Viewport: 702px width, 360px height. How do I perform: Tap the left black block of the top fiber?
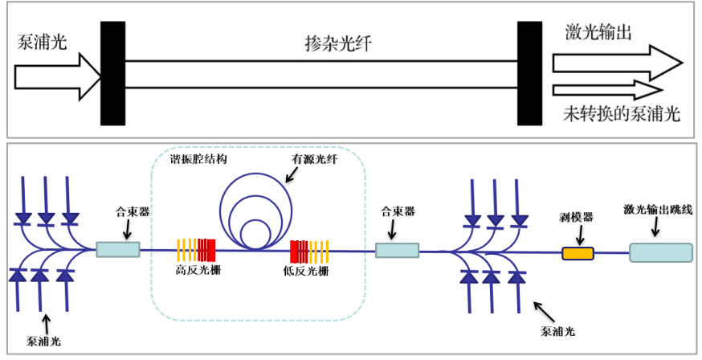point(112,73)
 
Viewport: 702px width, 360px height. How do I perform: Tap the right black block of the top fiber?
point(529,73)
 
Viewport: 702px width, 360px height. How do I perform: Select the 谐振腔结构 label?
point(199,159)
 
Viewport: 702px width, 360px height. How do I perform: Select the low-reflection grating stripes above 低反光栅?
point(310,252)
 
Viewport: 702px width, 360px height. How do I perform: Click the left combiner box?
point(117,250)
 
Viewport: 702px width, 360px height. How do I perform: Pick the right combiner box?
point(397,251)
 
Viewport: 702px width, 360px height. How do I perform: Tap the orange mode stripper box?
point(577,254)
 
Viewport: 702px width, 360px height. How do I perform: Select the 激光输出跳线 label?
point(656,210)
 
